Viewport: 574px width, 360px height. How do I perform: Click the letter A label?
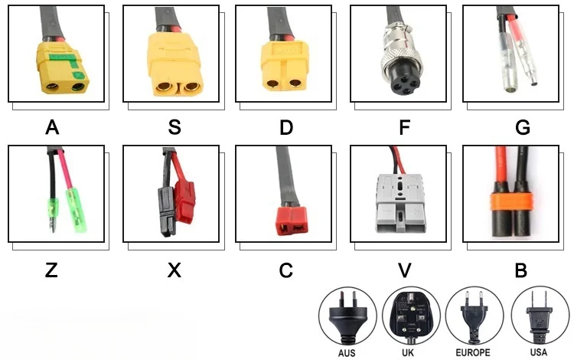(x=52, y=127)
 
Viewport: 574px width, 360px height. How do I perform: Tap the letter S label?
(x=174, y=127)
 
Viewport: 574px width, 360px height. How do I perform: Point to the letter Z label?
(x=52, y=270)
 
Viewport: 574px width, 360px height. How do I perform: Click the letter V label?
(x=405, y=270)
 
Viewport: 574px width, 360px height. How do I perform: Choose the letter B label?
(x=520, y=270)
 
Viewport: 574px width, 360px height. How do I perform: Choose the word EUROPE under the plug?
(x=473, y=354)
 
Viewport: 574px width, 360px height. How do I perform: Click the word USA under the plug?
(x=538, y=354)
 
